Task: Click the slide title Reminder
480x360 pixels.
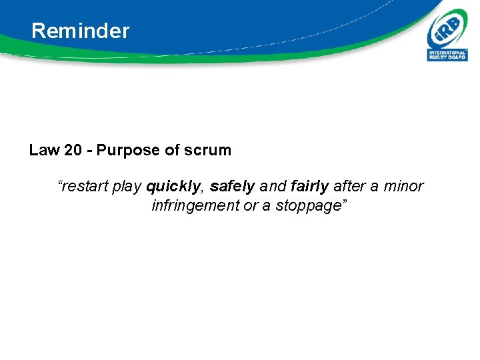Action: (x=80, y=31)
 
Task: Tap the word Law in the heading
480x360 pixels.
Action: (x=44, y=150)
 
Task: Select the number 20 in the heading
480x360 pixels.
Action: (x=73, y=150)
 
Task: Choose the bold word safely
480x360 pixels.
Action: (x=232, y=187)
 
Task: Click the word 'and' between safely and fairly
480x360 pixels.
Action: (x=273, y=187)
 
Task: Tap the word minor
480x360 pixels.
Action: (x=403, y=187)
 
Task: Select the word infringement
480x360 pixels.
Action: (x=195, y=206)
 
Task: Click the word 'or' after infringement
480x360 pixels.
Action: (x=250, y=206)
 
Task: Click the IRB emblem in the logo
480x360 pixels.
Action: (x=447, y=29)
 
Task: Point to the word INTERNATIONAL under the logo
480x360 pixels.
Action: (x=447, y=53)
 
